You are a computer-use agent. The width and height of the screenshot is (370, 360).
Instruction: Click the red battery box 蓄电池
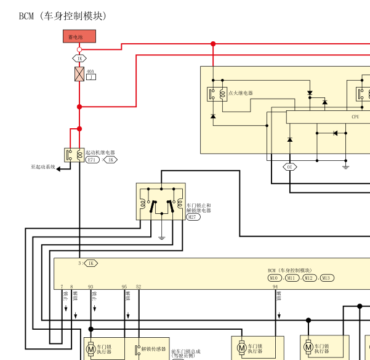pos(79,36)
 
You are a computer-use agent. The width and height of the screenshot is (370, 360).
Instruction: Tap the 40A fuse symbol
pos(79,74)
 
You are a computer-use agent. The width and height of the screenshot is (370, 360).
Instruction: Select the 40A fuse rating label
pos(90,72)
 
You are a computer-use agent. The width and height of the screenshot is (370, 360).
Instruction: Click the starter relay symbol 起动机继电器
pos(73,155)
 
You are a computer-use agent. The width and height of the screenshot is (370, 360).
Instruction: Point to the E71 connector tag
pos(92,160)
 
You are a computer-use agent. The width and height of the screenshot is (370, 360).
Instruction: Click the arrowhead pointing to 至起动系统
pos(58,167)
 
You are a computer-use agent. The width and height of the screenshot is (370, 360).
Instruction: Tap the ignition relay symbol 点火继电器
pos(217,94)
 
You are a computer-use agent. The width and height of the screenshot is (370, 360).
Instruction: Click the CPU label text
pos(355,117)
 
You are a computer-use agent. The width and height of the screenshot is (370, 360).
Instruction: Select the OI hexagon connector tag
pos(290,166)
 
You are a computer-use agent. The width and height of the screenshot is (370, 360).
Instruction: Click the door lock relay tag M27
pos(193,217)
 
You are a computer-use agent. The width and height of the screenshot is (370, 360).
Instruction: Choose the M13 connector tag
pos(326,278)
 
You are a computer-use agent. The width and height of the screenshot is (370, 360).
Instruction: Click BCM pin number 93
pos(90,287)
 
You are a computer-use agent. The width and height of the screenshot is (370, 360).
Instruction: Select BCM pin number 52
pos(139,287)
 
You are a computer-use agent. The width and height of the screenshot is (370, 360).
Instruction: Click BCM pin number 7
pos(62,287)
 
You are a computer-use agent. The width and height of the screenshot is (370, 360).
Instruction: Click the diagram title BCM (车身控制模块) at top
pos(63,16)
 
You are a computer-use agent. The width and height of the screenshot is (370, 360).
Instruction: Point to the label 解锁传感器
pos(154,349)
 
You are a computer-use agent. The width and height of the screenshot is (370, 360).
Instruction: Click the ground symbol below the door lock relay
pos(161,237)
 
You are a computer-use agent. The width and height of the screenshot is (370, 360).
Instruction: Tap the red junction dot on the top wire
pos(213,44)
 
